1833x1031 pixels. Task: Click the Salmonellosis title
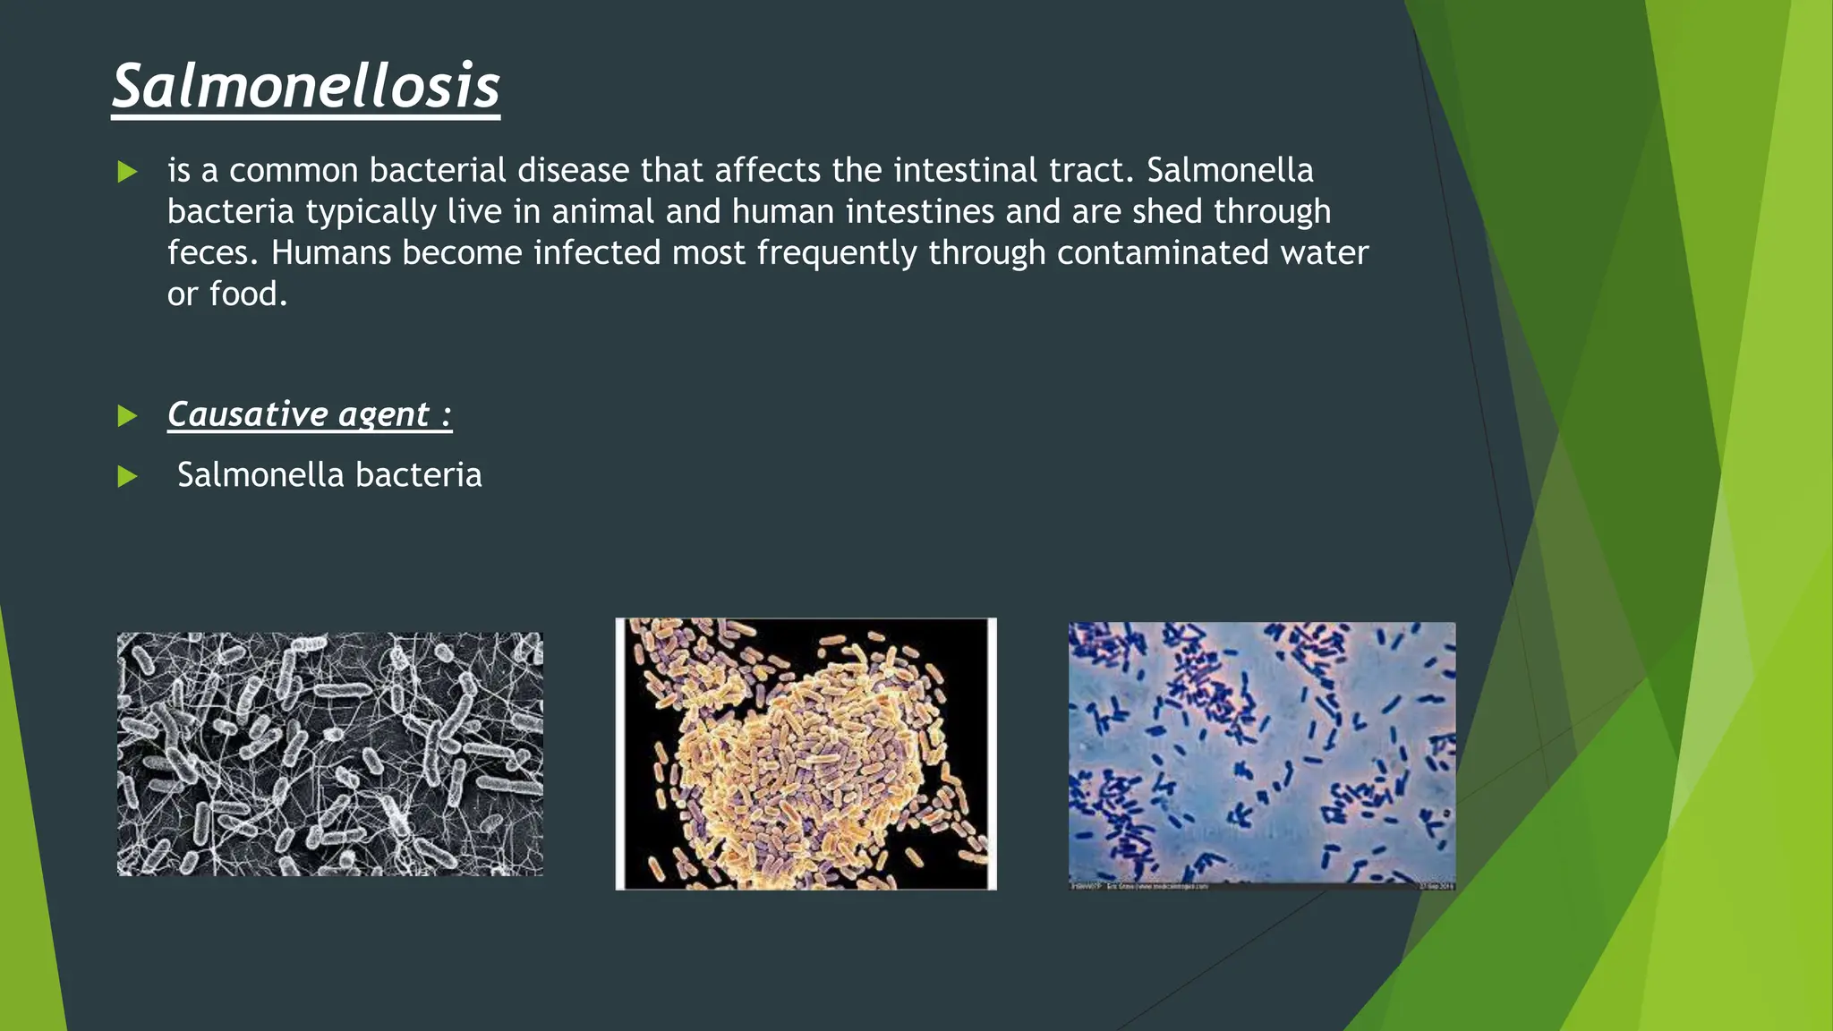pyautogui.click(x=305, y=87)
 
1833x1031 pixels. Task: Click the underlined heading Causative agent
pyautogui.click(x=309, y=414)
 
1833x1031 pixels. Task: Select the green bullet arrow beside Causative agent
pyautogui.click(x=128, y=416)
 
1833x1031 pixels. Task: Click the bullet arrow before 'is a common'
pyautogui.click(x=128, y=172)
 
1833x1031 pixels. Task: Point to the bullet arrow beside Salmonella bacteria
pyautogui.click(x=128, y=476)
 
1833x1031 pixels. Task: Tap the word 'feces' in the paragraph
pyautogui.click(x=207, y=252)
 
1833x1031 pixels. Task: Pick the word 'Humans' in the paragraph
pyautogui.click(x=330, y=252)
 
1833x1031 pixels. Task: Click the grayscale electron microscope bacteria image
pyautogui.click(x=329, y=754)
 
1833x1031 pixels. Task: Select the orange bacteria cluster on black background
pyautogui.click(x=806, y=754)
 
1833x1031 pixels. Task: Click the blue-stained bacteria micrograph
pyautogui.click(x=1261, y=754)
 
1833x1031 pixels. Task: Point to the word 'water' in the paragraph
pyautogui.click(x=1324, y=252)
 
